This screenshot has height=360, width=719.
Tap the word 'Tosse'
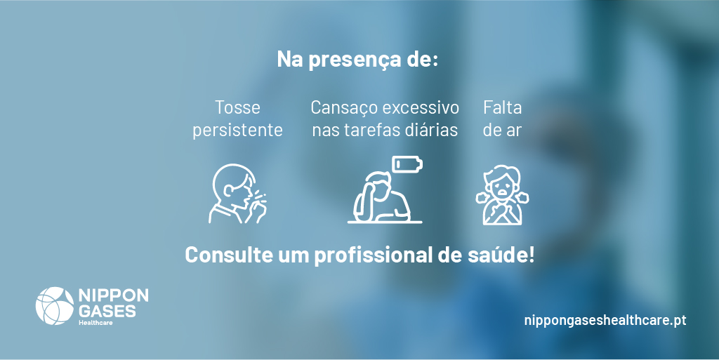click(x=237, y=108)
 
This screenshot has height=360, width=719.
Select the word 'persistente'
click(x=237, y=131)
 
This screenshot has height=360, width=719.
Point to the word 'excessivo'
click(x=423, y=108)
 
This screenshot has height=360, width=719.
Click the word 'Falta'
click(x=502, y=108)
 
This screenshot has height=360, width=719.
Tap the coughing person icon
click(x=237, y=194)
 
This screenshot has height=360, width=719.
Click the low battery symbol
click(x=407, y=164)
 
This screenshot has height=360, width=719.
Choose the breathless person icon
click(x=502, y=195)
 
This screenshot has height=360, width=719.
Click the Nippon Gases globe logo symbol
click(x=54, y=306)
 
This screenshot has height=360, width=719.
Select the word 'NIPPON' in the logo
click(x=113, y=295)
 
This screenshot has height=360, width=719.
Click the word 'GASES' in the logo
click(x=107, y=310)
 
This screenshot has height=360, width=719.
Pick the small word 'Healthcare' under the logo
click(x=96, y=322)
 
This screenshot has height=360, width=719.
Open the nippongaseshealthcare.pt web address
click(x=605, y=320)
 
